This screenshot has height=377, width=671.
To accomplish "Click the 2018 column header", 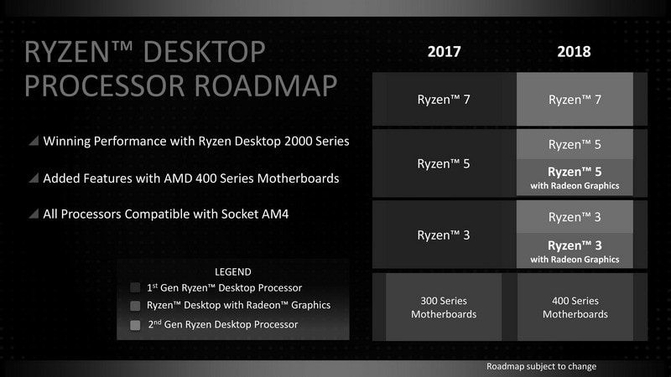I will pos(574,51).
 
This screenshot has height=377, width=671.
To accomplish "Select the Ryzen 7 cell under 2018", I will pos(575,99).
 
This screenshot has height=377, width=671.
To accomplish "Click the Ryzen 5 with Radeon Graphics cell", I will pos(575,178).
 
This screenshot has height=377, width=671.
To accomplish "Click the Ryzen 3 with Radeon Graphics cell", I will pos(575,250).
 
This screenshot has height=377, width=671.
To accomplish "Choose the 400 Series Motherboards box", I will pos(575,307).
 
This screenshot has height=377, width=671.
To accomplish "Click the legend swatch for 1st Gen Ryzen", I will pos(136,287).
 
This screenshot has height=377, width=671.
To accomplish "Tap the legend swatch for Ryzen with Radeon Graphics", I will pos(136,306).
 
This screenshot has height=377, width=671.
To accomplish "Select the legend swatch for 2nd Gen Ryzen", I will pos(136,324).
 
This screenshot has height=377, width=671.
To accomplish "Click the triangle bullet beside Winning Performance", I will pos(34,142).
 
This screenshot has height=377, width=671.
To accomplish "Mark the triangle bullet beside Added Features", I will pos(34,178).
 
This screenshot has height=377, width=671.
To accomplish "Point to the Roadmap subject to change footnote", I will pos(541,367).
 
